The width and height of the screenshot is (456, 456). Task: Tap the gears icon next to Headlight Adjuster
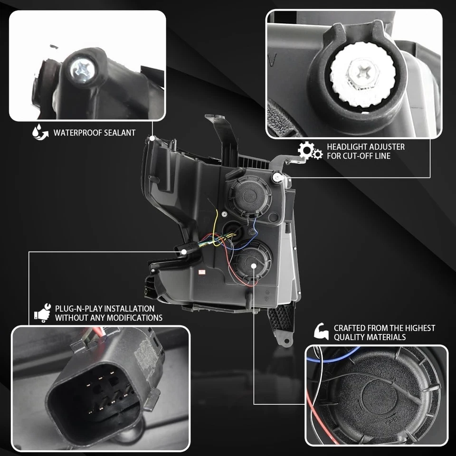[x=310, y=151]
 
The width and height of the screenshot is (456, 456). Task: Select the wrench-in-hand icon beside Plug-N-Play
[x=42, y=313]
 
